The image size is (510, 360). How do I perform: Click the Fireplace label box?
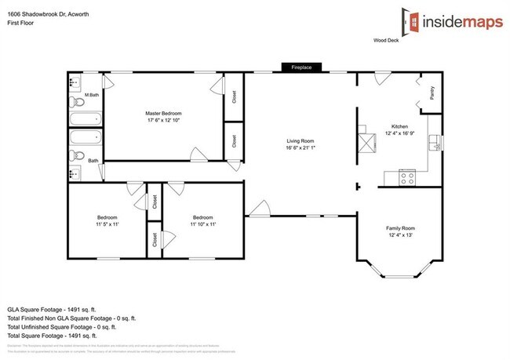(x=302, y=67)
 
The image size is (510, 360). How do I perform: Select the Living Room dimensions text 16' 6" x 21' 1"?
(x=301, y=149)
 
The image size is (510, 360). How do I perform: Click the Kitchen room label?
(x=400, y=126)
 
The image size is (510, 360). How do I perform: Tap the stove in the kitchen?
(x=407, y=178)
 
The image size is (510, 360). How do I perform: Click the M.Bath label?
(x=92, y=95)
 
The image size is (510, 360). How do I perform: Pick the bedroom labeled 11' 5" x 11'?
(x=107, y=221)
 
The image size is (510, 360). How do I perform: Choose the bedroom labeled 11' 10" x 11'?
(x=203, y=221)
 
